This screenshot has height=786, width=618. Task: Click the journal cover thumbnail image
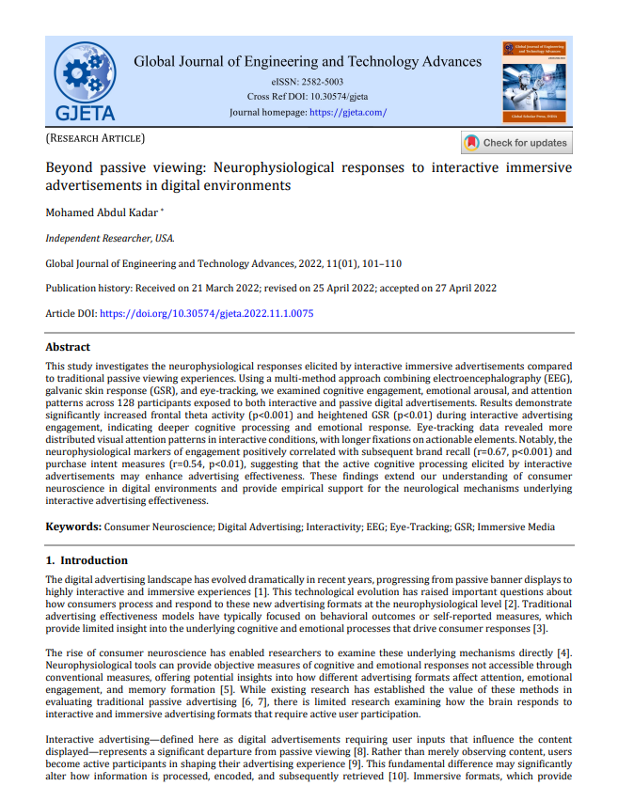pyautogui.click(x=536, y=82)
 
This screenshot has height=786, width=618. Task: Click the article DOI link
pyautogui.click(x=206, y=313)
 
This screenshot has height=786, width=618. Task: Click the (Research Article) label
pyautogui.click(x=95, y=138)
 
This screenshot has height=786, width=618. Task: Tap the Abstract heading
pyautogui.click(x=68, y=346)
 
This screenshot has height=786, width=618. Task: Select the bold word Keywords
pyautogui.click(x=73, y=527)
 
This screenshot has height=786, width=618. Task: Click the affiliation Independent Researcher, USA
pyautogui.click(x=110, y=238)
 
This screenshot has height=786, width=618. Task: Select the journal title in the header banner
pyautogui.click(x=308, y=62)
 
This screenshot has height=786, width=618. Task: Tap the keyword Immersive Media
pyautogui.click(x=515, y=527)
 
